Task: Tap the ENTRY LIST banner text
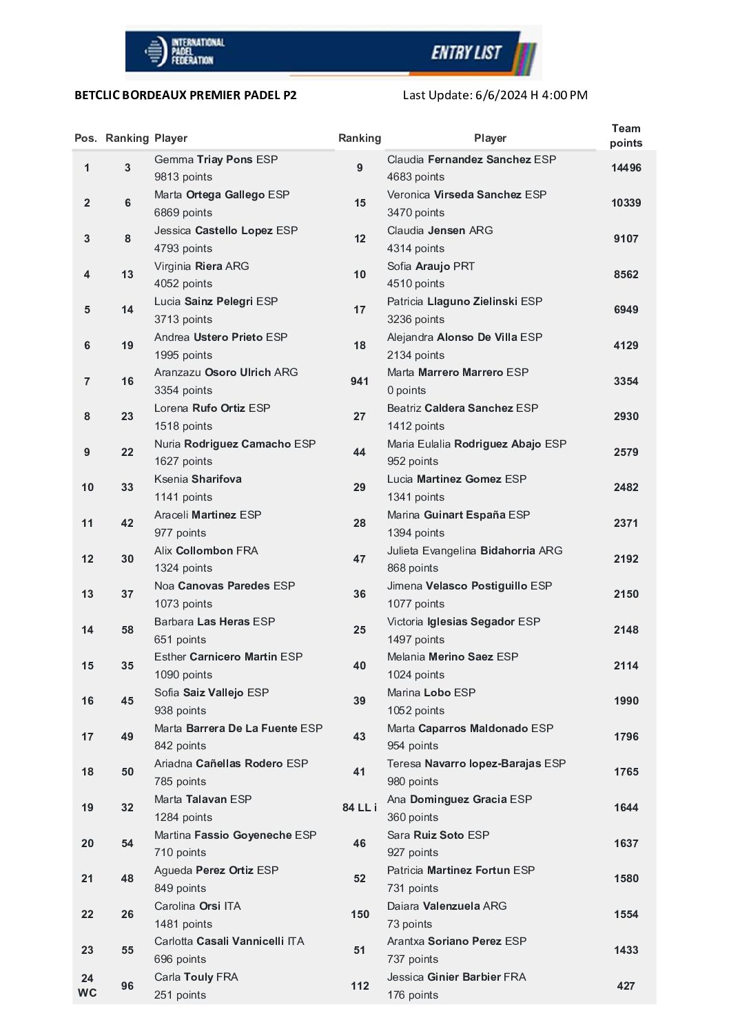pyautogui.click(x=466, y=52)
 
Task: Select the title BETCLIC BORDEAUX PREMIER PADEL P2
pyautogui.click(x=185, y=95)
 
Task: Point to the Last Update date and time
pyautogui.click(x=495, y=95)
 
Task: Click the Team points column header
pyautogui.click(x=626, y=136)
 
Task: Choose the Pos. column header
pyautogui.click(x=85, y=138)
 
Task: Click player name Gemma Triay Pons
pyautogui.click(x=216, y=160)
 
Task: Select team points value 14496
pyautogui.click(x=626, y=168)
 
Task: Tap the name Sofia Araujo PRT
pyautogui.click(x=431, y=267)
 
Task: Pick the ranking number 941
pyautogui.click(x=360, y=381)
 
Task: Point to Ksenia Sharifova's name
pyautogui.click(x=198, y=479)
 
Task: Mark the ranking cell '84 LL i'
pyautogui.click(x=360, y=808)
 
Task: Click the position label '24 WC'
pyautogui.click(x=88, y=986)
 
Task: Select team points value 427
pyautogui.click(x=626, y=986)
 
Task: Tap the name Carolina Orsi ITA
pyautogui.click(x=197, y=906)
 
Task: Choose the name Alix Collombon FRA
pyautogui.click(x=206, y=551)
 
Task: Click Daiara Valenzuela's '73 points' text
pyautogui.click(x=409, y=924)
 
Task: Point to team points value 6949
pyautogui.click(x=626, y=310)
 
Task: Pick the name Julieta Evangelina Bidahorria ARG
pyautogui.click(x=475, y=551)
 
